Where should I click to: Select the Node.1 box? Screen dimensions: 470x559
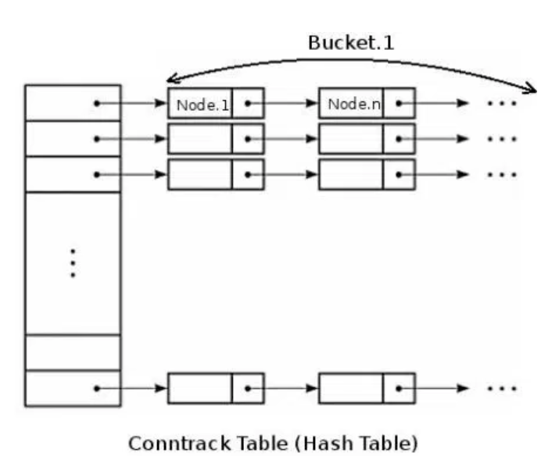201,104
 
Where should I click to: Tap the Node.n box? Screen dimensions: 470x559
351,104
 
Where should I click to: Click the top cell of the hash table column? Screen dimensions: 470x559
73,103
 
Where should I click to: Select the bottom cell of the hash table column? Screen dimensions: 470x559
73,388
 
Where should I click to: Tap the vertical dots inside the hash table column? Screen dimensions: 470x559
73,263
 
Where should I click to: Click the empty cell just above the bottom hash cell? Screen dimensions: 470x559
73,352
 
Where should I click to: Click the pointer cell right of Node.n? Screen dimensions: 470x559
399,104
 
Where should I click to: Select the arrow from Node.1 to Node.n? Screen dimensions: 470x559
291,104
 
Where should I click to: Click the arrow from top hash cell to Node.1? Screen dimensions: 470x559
133,104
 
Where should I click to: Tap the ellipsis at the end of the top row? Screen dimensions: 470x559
501,104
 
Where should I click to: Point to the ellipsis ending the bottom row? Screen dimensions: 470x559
501,388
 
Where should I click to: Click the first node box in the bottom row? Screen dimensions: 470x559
200,388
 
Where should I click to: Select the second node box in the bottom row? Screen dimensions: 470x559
350,388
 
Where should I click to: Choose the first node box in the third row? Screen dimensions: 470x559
200,174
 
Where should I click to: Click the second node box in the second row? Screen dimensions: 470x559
350,139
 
